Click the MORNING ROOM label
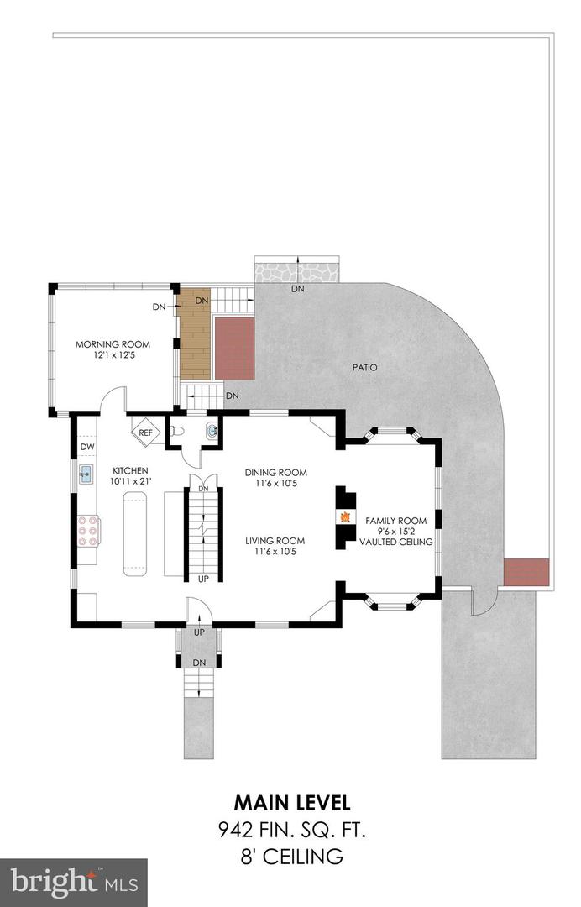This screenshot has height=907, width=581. [113, 344]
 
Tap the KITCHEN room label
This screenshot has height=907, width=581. [130, 470]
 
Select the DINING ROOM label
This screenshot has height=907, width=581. [275, 473]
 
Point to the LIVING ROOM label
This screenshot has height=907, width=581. [275, 541]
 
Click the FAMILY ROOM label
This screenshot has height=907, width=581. [396, 521]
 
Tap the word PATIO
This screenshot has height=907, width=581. [364, 367]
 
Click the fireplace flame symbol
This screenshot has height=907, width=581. [346, 516]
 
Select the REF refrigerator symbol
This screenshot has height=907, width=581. [146, 433]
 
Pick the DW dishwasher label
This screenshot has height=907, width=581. [86, 447]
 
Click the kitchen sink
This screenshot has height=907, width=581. [86, 474]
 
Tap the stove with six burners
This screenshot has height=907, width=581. [87, 531]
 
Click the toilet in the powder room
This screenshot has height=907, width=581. [177, 431]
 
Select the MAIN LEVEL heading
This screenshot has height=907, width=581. [292, 802]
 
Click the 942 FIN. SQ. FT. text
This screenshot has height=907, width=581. [292, 831]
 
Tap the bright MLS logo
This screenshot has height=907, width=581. [74, 883]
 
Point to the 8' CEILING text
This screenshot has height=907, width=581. [292, 856]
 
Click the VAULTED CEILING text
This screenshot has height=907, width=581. [396, 542]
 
